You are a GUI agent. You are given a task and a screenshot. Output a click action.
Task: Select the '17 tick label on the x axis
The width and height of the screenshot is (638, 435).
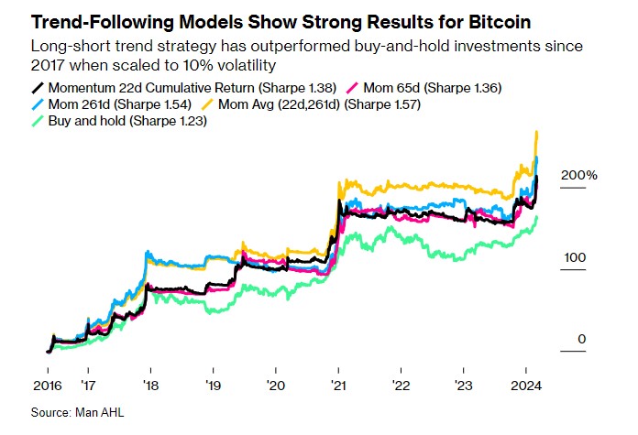(87, 386)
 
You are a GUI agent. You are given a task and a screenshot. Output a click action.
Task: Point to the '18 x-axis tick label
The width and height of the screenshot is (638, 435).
(150, 386)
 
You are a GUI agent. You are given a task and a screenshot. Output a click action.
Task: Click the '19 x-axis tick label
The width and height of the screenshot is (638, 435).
(213, 386)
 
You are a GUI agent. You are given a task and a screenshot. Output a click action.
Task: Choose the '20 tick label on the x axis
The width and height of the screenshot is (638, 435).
(276, 386)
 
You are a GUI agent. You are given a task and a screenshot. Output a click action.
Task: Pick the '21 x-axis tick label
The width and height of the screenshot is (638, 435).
(338, 386)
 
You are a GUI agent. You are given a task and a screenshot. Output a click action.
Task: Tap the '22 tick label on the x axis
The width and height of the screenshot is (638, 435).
(401, 386)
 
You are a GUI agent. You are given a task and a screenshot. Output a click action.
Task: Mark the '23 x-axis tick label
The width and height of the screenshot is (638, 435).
(464, 386)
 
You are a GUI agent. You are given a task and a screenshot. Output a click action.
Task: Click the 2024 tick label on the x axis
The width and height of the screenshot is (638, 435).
(526, 386)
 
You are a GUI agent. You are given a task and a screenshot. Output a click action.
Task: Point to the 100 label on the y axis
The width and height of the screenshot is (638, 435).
(574, 257)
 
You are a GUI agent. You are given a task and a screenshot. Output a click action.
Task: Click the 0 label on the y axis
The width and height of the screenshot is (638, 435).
(581, 340)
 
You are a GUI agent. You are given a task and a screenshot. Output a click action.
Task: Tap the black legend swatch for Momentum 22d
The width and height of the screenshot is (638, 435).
(38, 88)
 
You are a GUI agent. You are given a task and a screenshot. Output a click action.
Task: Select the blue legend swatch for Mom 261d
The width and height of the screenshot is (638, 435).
(38, 104)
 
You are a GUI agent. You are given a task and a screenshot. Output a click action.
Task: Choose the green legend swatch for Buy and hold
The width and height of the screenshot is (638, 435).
(38, 121)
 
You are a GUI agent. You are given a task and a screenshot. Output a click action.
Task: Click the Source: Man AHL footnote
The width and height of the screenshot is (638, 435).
(77, 413)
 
